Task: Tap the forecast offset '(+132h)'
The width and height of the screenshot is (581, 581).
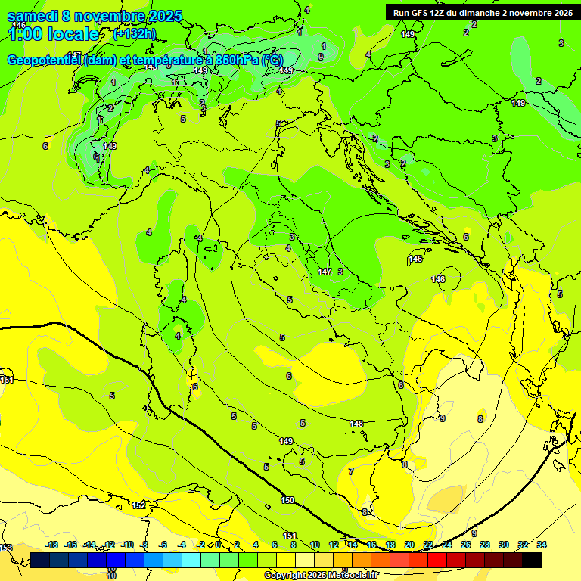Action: pos(134,34)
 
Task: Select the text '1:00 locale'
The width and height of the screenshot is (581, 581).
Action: pos(53,34)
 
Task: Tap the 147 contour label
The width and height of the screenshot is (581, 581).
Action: pos(325,271)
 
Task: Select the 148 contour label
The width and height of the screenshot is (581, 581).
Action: pos(357,423)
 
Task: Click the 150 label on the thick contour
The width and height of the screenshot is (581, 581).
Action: pos(287,500)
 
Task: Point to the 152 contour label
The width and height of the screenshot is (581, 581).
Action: pos(138,505)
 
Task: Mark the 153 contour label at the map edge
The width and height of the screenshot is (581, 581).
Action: pos(6,548)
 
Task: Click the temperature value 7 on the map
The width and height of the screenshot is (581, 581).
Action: pos(350,471)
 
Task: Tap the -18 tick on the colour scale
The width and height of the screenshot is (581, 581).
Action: pos(52,545)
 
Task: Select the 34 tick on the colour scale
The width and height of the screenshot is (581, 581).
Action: pos(542,545)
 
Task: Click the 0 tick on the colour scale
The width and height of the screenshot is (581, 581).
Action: pos(219,545)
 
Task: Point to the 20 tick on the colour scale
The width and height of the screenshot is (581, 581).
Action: pos(409,545)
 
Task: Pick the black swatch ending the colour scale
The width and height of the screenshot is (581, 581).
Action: pos(531,561)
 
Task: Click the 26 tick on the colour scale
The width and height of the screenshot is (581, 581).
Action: pos(465,545)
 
